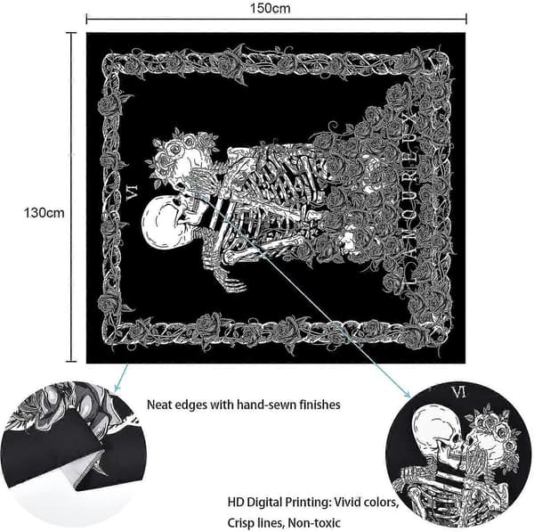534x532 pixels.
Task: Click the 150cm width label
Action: tap(270, 8)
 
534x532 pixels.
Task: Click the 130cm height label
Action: tap(44, 213)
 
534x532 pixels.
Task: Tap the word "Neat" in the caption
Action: tap(159, 405)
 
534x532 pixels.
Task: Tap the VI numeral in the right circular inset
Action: tap(458, 393)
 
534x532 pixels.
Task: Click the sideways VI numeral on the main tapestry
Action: tap(132, 193)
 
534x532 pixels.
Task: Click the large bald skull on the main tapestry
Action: tap(163, 223)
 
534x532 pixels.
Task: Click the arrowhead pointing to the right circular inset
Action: tap(407, 394)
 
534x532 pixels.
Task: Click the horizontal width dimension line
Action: tap(276, 20)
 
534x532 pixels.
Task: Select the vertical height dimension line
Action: tap(71, 197)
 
